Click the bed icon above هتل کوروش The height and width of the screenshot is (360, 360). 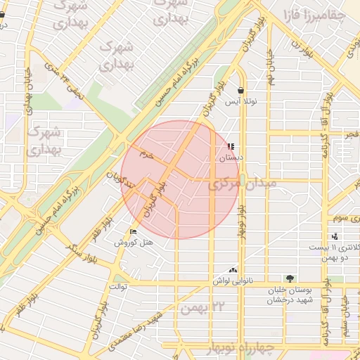[134, 232]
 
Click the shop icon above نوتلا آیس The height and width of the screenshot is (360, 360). [241, 91]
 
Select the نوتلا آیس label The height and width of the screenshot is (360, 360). [241, 102]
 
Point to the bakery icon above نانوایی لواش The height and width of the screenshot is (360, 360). [233, 269]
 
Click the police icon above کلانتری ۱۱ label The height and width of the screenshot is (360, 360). [335, 236]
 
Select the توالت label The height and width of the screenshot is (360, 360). [117, 287]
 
